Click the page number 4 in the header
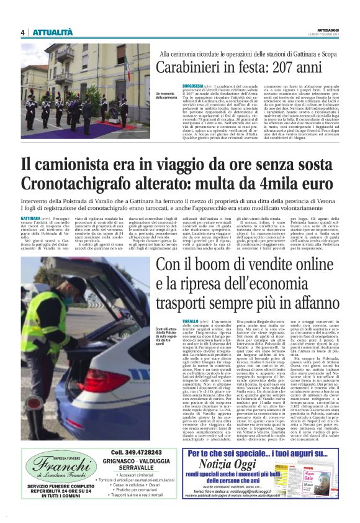click(x=22, y=32)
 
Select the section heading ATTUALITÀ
click(x=52, y=32)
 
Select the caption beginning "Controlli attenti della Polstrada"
click(x=162, y=337)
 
